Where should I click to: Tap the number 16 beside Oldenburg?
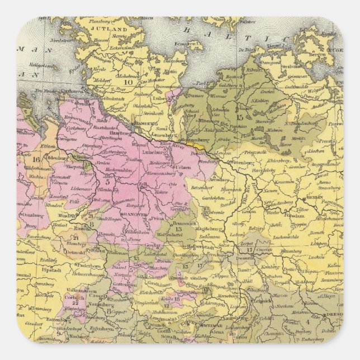[x=36, y=159]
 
